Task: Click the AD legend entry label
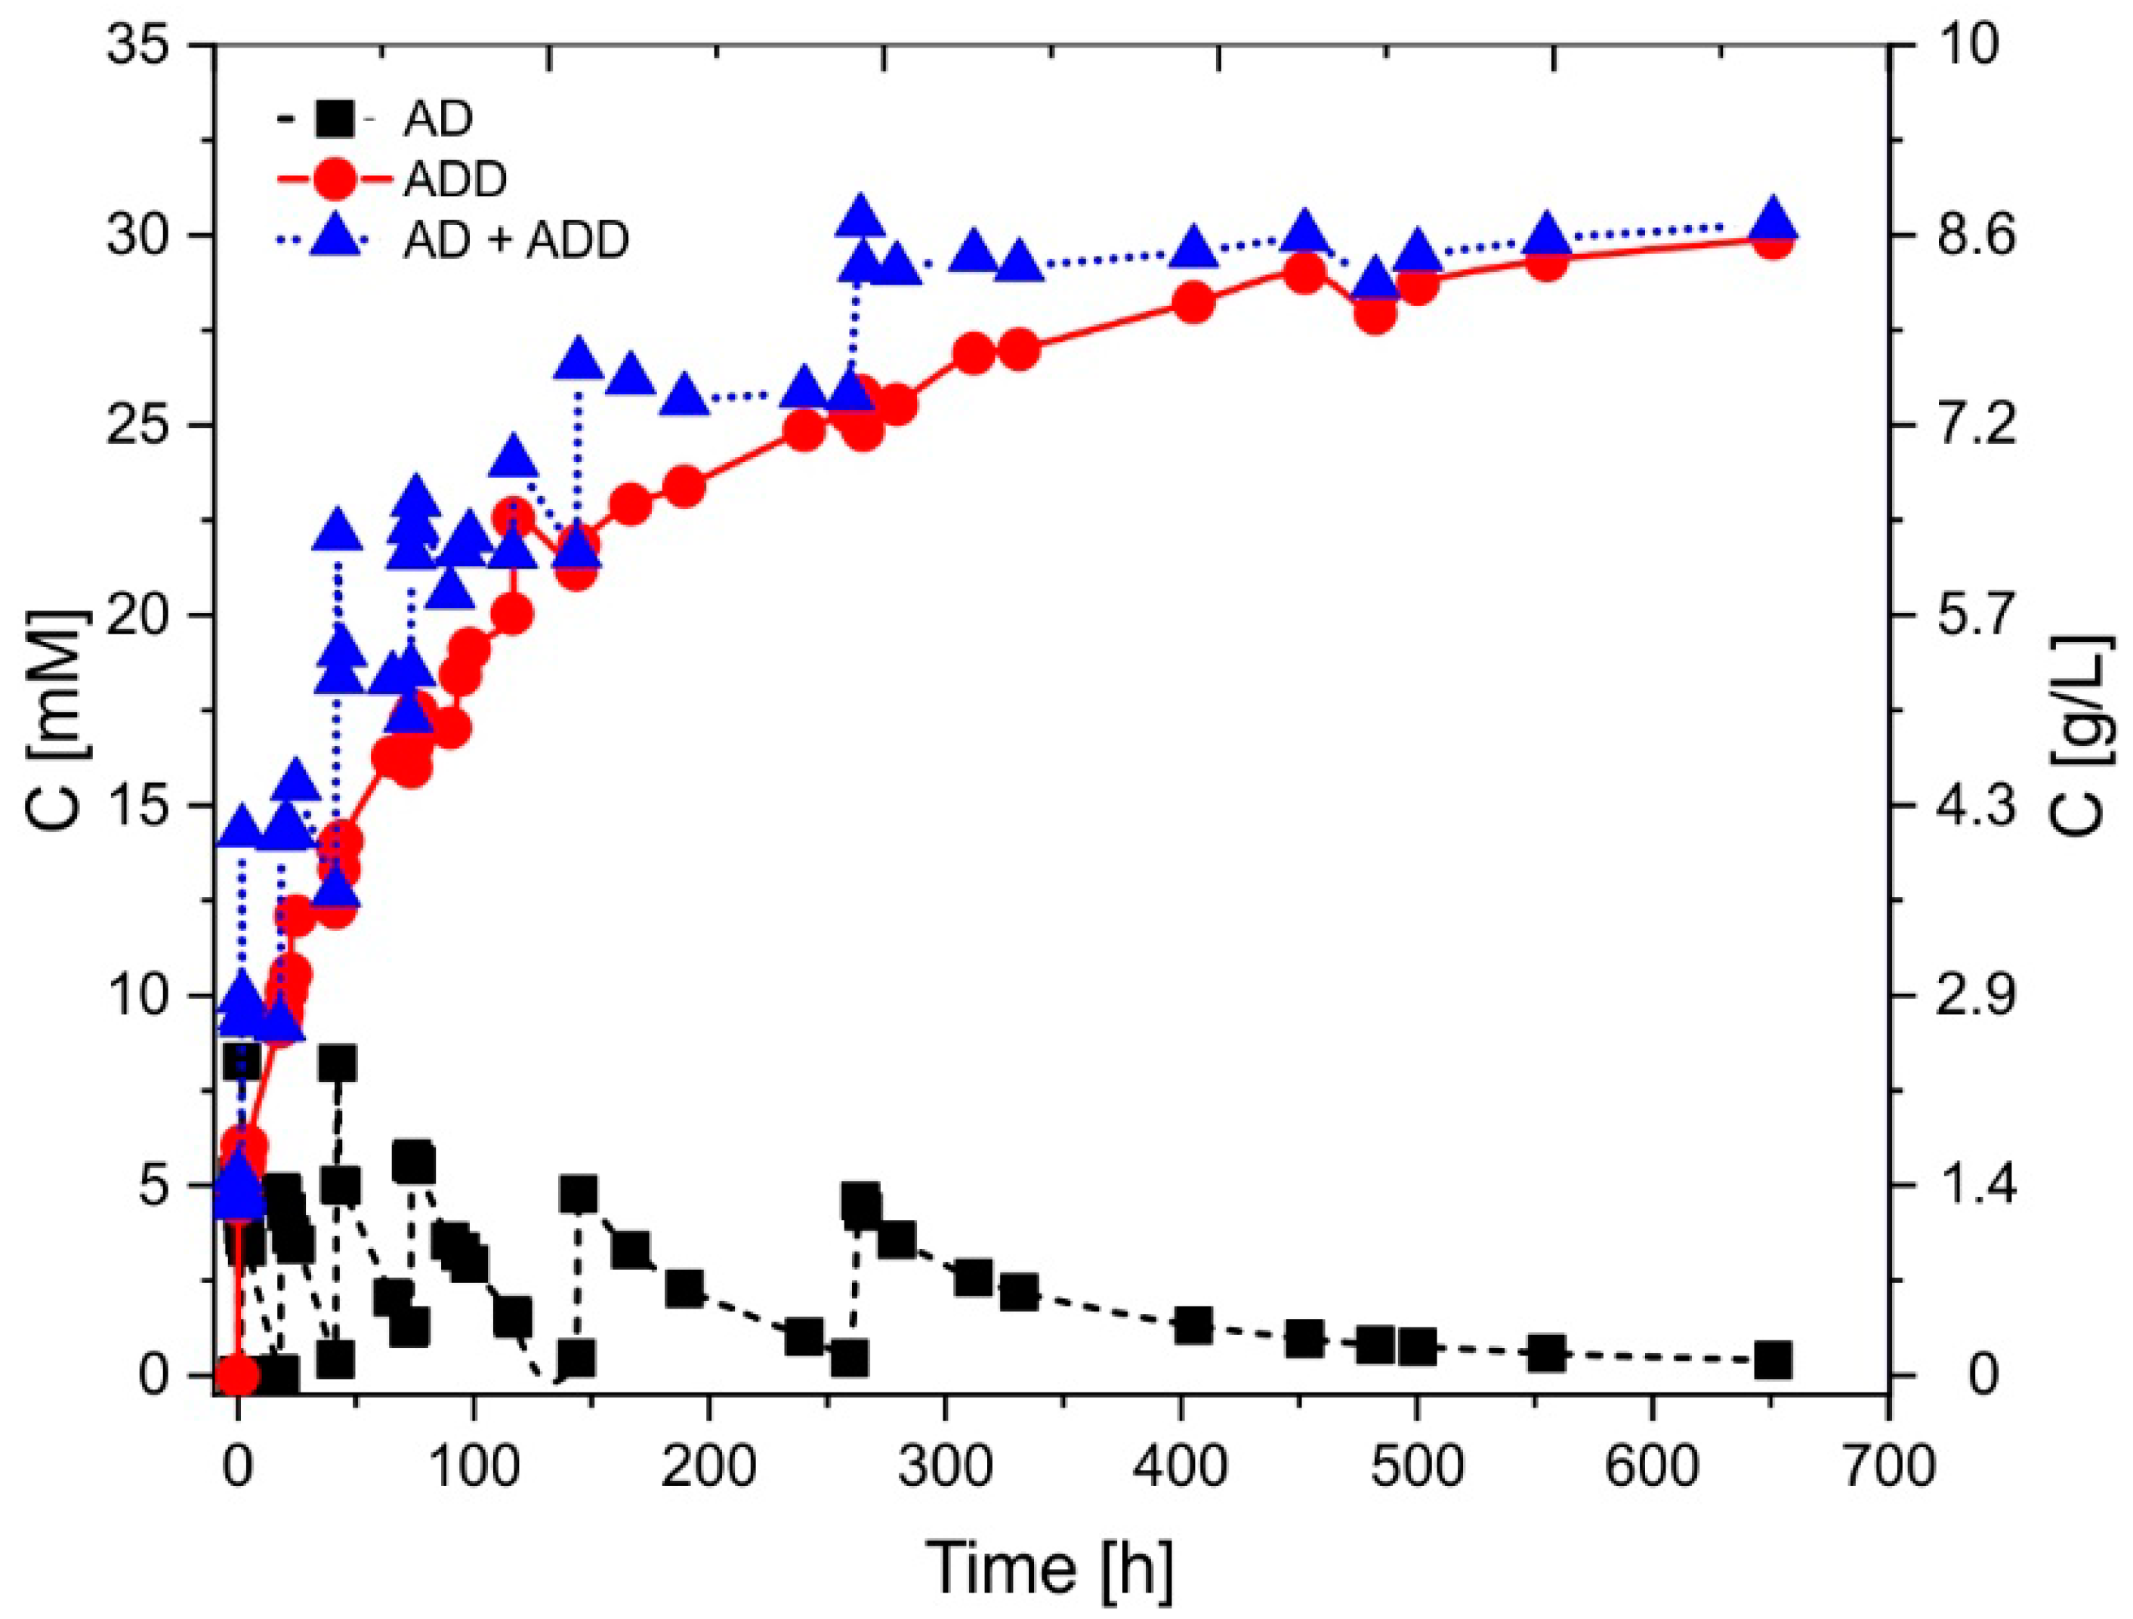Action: pos(438,119)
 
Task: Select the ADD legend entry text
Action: pos(455,180)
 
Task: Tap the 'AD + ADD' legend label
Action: pos(516,239)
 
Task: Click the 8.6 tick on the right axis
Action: pos(1976,236)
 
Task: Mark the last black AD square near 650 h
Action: pos(1773,1361)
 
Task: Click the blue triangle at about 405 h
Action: pos(1194,248)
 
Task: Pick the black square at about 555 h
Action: pos(1547,1354)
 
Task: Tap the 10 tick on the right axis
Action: pos(1976,45)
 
